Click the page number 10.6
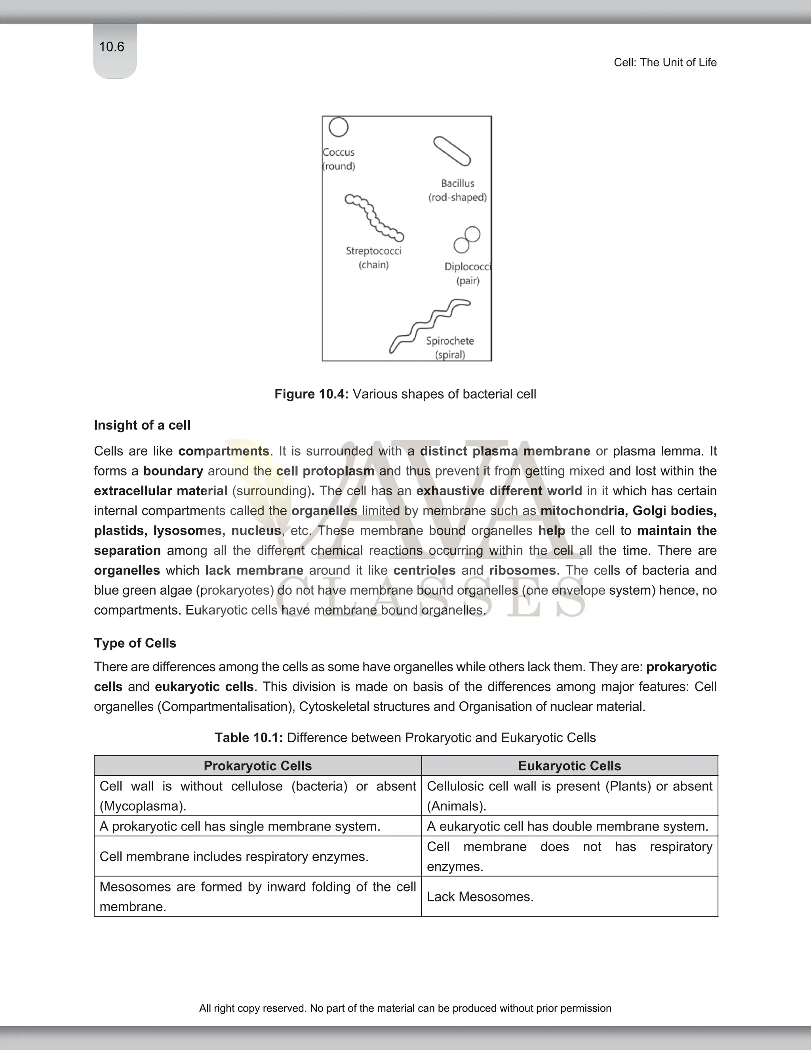[111, 47]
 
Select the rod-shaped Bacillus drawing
[451, 151]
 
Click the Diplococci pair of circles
[467, 240]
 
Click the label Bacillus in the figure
[457, 183]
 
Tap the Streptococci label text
[373, 250]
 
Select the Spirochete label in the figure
[450, 341]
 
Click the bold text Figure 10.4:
[311, 394]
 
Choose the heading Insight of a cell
[142, 425]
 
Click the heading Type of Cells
[135, 643]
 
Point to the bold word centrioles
[424, 570]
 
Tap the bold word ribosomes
[522, 570]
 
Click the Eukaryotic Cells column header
[569, 766]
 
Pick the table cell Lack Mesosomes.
[480, 897]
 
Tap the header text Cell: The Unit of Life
[665, 63]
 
